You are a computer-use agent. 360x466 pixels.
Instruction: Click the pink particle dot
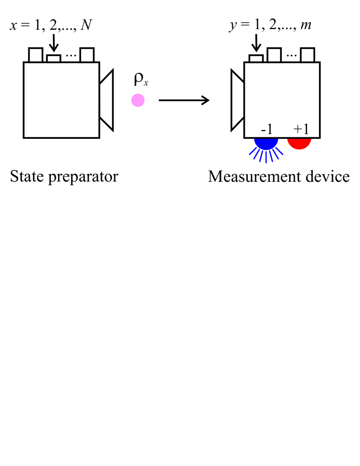coord(138,100)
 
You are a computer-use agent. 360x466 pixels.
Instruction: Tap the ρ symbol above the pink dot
coord(139,79)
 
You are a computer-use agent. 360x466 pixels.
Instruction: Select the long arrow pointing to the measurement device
coord(184,100)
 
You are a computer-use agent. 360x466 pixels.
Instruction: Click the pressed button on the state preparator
coord(54,58)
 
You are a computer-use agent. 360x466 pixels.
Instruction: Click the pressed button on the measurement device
coord(256,58)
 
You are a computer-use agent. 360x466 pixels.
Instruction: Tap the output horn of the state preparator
coord(107,100)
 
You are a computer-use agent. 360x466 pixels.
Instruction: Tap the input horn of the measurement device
coord(237,100)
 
